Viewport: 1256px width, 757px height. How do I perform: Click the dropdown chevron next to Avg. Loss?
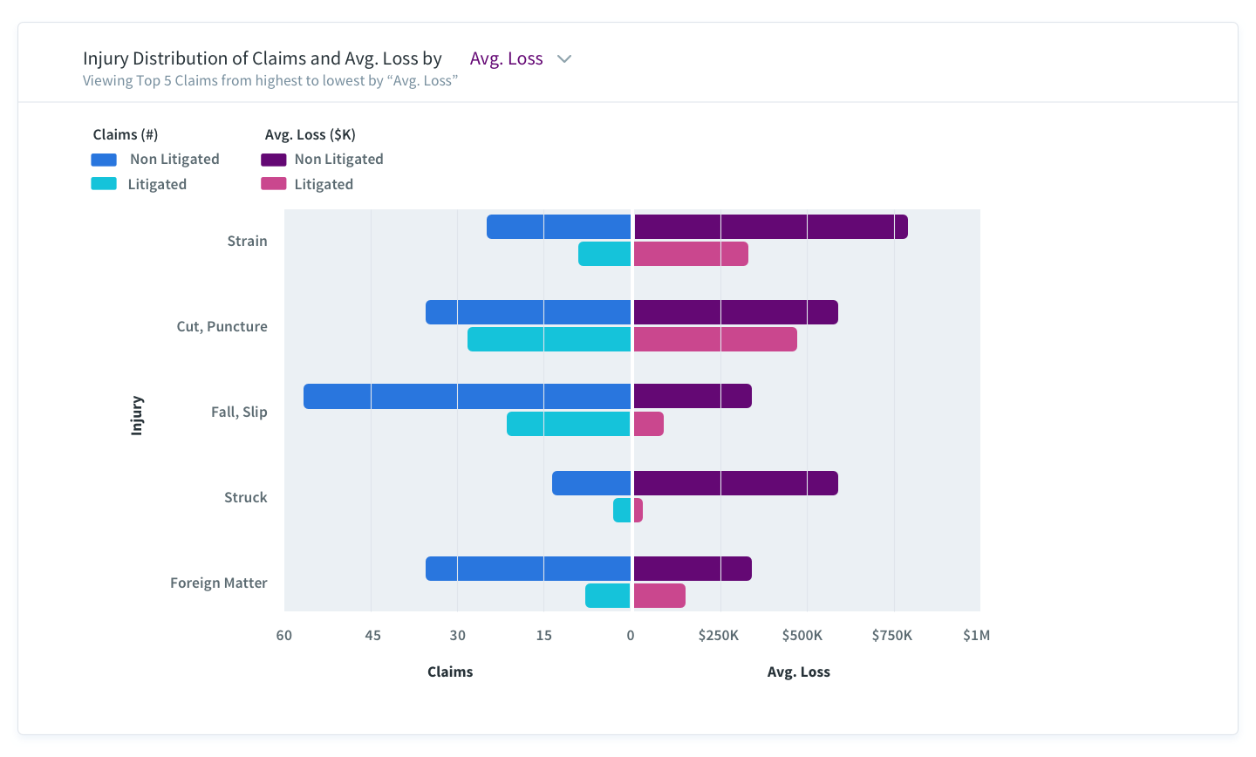[564, 59]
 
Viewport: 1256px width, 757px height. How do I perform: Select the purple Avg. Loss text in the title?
[506, 58]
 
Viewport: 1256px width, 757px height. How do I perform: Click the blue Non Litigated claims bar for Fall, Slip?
[467, 396]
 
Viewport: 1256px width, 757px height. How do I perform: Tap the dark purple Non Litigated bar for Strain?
[770, 227]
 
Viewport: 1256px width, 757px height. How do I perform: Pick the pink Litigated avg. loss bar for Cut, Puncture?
[715, 339]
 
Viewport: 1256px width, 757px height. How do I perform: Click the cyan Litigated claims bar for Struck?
[621, 510]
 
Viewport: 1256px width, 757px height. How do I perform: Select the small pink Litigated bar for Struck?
[638, 510]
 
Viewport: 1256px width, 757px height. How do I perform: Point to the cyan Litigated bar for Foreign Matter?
[607, 596]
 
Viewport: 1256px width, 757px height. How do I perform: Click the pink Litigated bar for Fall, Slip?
[648, 424]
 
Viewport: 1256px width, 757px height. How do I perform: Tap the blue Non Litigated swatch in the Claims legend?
[104, 160]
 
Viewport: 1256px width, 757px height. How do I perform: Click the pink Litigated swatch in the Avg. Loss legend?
[273, 184]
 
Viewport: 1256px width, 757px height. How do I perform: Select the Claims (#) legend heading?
[126, 134]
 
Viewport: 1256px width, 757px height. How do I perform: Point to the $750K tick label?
[891, 635]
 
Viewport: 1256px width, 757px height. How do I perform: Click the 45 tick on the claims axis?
[372, 635]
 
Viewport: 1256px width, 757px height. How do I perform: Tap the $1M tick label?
[976, 635]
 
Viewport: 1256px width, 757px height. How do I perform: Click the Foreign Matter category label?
[218, 583]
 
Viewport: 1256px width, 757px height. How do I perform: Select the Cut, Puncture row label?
[222, 326]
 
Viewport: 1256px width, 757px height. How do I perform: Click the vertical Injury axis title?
[137, 415]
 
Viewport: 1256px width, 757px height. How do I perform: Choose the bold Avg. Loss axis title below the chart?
[798, 672]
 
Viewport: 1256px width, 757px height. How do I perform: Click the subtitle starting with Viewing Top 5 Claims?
[270, 81]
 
